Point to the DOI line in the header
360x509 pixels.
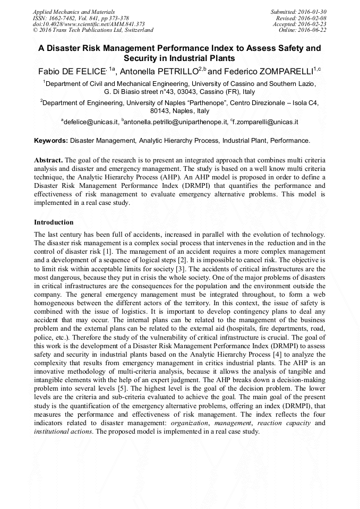point(89,24)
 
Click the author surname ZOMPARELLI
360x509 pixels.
point(283,71)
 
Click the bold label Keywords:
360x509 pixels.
point(50,141)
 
